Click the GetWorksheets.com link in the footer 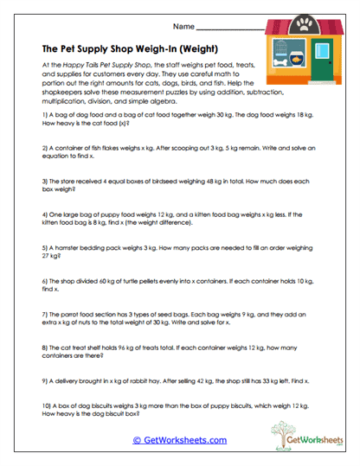click(x=179, y=440)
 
